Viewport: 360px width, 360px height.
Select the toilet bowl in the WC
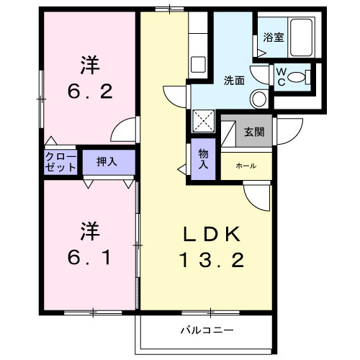[306, 76]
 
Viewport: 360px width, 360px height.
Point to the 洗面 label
[233, 80]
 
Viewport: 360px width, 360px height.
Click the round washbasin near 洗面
[258, 99]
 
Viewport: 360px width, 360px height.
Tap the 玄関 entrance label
[253, 132]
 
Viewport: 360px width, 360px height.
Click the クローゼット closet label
[60, 161]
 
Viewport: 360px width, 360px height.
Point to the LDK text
[207, 234]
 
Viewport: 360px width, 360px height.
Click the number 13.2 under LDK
[207, 260]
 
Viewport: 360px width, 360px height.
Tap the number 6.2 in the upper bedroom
[89, 92]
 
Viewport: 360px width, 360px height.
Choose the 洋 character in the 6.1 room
[89, 232]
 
